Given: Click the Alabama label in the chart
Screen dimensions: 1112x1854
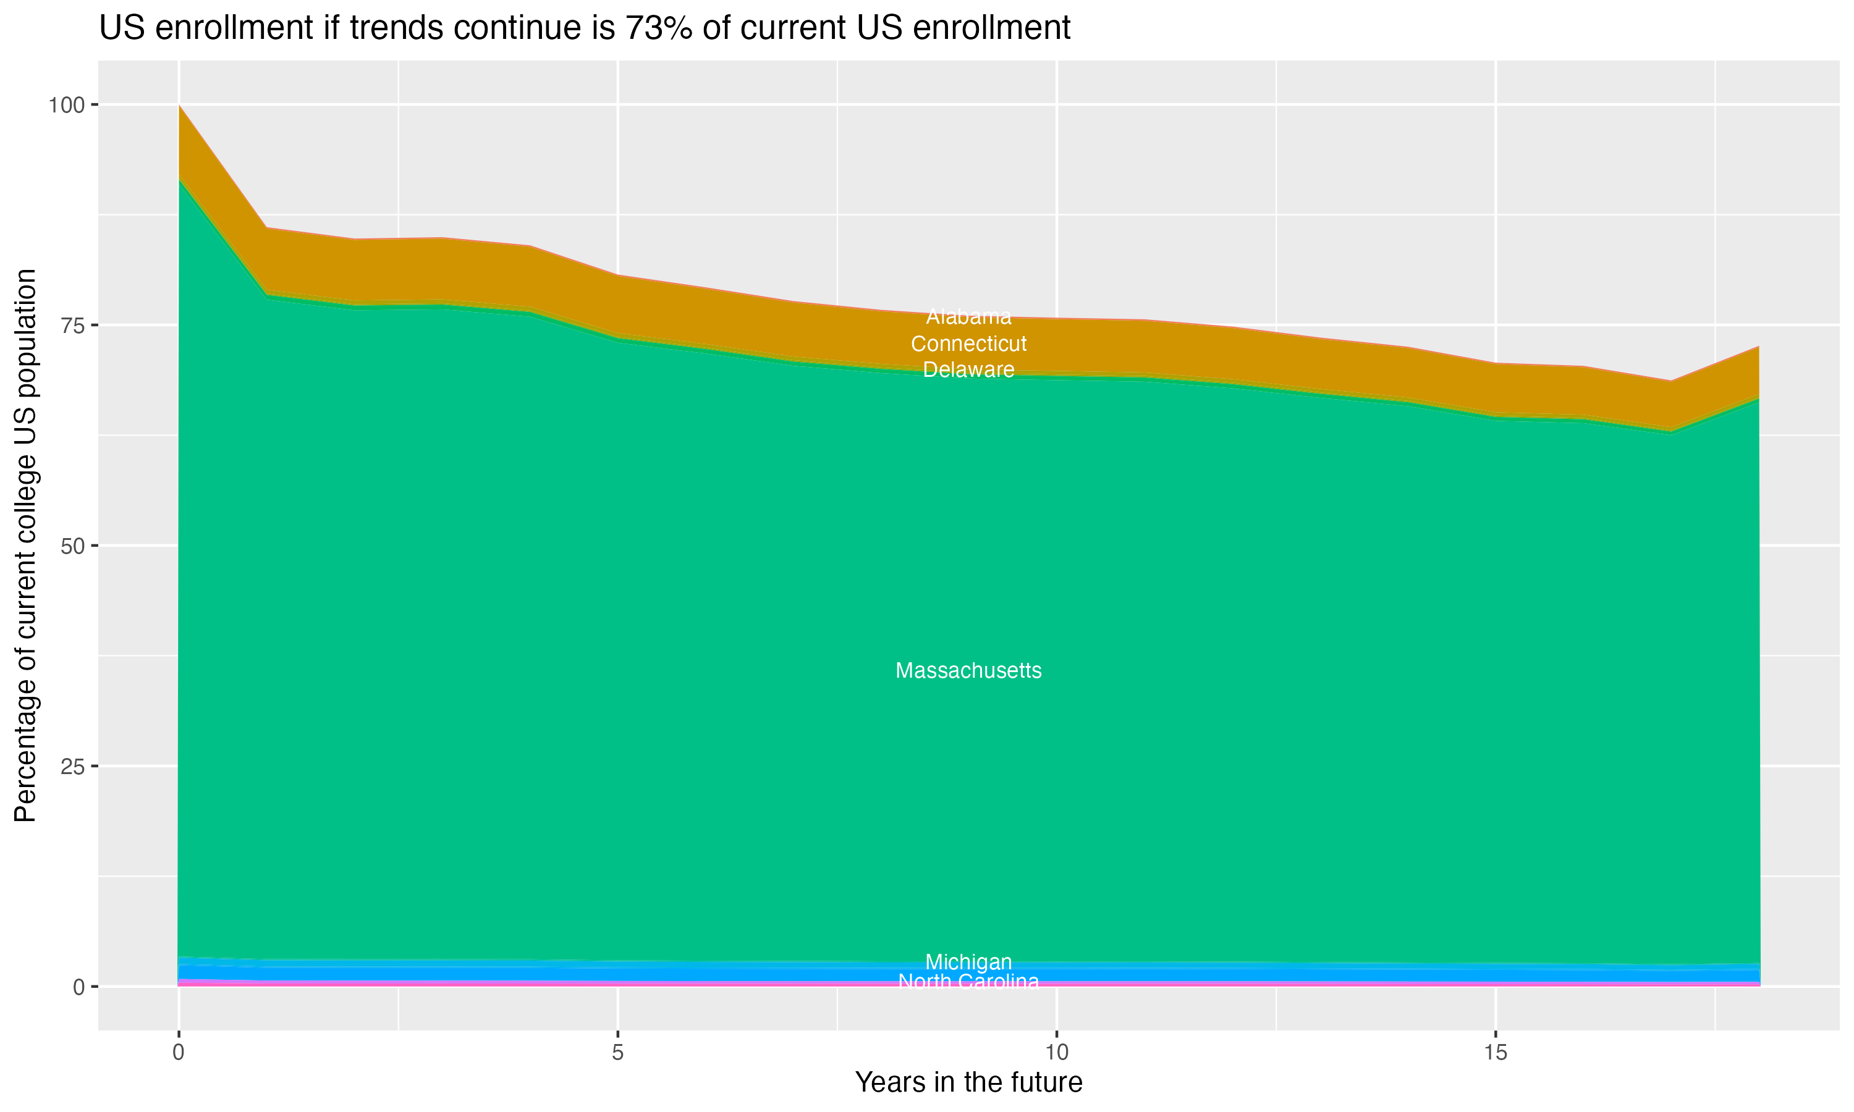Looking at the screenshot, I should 968,317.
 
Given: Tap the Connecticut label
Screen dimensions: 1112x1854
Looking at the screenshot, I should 968,344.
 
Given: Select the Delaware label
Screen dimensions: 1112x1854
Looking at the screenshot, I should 968,369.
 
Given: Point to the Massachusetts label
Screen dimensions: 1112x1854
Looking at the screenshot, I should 968,671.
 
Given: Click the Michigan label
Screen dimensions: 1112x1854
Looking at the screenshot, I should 968,961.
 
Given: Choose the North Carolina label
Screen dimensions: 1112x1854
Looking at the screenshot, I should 968,982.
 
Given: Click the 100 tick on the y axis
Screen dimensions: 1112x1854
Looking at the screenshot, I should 66,105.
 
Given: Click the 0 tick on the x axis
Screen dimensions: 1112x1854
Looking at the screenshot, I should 179,1053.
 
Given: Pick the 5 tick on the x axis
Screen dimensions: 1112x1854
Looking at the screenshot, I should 617,1053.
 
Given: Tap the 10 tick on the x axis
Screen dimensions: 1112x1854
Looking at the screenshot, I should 1057,1053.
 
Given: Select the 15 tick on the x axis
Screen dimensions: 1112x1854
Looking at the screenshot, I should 1496,1053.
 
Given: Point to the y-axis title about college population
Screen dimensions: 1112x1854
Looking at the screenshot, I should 25,545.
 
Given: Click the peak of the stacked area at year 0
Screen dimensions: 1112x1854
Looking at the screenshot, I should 179,106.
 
